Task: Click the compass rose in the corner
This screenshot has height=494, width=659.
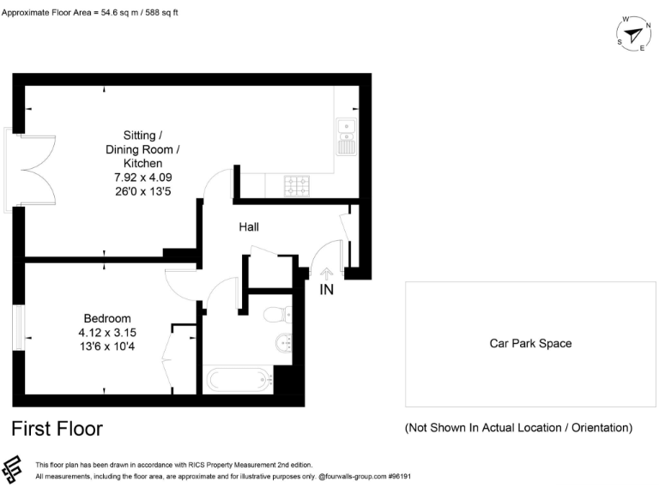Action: pyautogui.click(x=633, y=34)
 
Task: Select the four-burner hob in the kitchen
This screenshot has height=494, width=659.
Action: pyautogui.click(x=297, y=184)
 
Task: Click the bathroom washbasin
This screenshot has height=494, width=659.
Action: pyautogui.click(x=284, y=344)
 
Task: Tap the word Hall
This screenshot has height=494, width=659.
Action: pyautogui.click(x=249, y=227)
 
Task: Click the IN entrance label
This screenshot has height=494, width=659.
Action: pyautogui.click(x=327, y=290)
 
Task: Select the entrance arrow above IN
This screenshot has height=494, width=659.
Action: pyautogui.click(x=327, y=274)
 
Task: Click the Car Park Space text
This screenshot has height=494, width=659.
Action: pyautogui.click(x=530, y=344)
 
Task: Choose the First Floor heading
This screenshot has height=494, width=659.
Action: pyautogui.click(x=57, y=428)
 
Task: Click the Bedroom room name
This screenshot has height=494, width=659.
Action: pyautogui.click(x=107, y=317)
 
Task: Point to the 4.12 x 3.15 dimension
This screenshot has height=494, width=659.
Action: pyautogui.click(x=107, y=332)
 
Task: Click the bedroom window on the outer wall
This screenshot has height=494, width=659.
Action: pyautogui.click(x=17, y=327)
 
